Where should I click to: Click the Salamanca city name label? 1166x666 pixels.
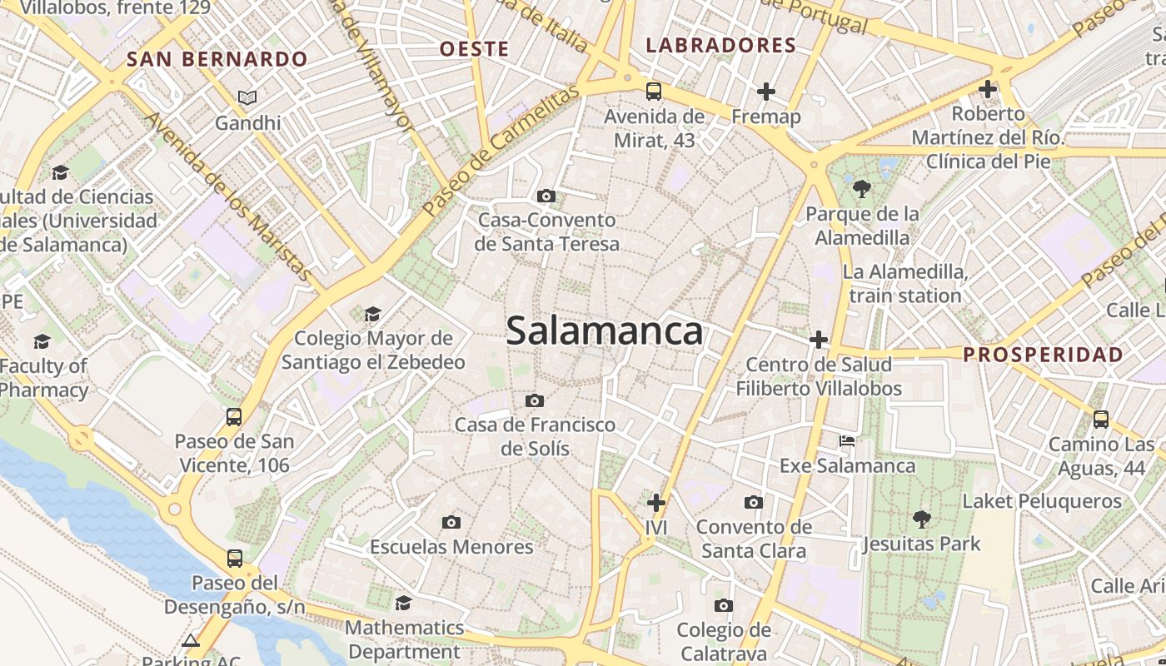605,331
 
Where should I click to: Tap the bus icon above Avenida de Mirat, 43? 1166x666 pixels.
654,92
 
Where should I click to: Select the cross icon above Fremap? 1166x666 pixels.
766,92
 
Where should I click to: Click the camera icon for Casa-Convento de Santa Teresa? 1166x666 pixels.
546,196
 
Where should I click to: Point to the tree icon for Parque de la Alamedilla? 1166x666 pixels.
862,189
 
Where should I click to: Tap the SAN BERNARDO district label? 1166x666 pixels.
217,59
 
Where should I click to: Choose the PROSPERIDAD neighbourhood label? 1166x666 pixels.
1043,355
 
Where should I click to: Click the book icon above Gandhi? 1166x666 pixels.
247,98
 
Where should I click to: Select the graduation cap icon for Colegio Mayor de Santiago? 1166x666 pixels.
372,314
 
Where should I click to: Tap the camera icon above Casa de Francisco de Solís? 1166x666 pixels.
535,401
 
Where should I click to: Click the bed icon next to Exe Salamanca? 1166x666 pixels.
847,441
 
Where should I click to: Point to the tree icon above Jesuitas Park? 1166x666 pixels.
921,519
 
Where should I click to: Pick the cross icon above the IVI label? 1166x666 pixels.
656,503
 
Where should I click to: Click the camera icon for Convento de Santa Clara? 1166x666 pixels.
754,503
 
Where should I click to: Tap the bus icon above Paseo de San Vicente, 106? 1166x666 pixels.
234,417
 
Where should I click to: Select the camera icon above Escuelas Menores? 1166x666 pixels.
451,523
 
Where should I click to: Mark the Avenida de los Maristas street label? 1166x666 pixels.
229,196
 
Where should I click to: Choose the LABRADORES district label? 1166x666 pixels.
721,45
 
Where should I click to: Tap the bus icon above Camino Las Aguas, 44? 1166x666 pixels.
1101,419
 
